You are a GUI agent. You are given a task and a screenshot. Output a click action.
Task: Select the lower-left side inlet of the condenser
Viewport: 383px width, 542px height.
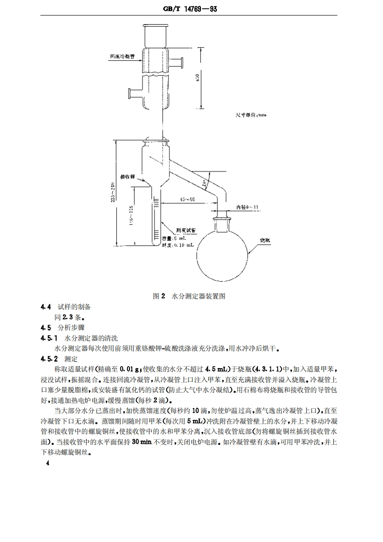(134, 92)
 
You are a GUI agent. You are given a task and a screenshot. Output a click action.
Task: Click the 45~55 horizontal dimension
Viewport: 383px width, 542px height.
(187, 199)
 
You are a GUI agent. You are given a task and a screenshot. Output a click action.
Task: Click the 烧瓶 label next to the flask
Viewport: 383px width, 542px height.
(265, 240)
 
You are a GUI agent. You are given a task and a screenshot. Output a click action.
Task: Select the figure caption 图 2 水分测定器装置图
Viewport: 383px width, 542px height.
(189, 296)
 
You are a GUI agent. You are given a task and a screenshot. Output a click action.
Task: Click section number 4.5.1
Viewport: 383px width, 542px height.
(49, 337)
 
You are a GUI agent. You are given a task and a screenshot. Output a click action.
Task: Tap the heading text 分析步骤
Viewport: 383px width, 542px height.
(70, 327)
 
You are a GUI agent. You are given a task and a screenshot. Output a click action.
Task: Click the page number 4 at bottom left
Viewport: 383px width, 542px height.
(47, 464)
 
